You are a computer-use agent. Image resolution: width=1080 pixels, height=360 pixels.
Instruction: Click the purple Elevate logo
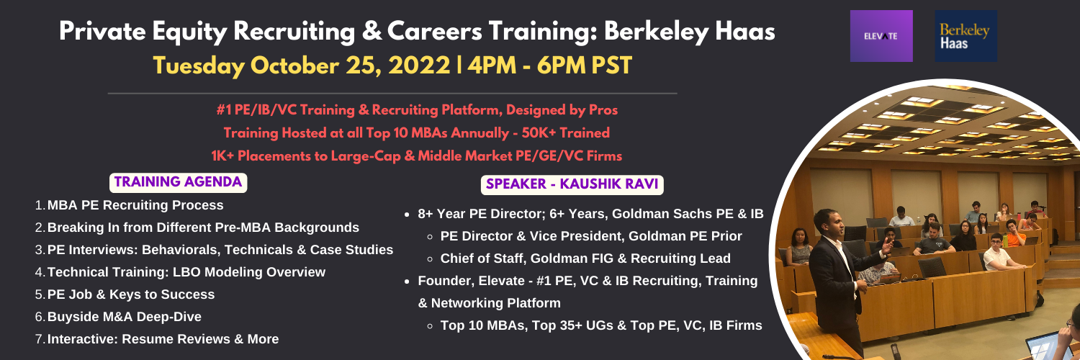click(x=881, y=36)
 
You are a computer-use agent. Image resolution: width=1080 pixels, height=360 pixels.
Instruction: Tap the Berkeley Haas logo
click(x=966, y=36)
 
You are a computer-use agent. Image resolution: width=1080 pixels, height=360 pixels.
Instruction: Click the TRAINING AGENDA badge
click(x=178, y=182)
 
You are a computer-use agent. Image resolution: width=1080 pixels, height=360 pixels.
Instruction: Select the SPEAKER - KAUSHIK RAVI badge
click(x=572, y=184)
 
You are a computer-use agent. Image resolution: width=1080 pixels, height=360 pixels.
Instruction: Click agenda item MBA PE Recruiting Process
click(x=135, y=204)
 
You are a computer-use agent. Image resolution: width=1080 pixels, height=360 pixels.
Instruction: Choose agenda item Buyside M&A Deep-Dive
click(x=125, y=317)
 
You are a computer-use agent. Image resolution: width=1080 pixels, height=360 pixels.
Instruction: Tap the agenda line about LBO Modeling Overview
click(x=186, y=272)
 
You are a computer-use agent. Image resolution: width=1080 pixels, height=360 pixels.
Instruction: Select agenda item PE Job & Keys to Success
click(x=130, y=294)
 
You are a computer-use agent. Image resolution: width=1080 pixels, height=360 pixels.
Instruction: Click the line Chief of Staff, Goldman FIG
click(x=585, y=258)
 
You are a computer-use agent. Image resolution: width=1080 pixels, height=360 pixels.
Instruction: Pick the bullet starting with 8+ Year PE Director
click(x=590, y=214)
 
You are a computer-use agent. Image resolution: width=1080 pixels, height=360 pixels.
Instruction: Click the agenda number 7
click(x=40, y=339)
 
